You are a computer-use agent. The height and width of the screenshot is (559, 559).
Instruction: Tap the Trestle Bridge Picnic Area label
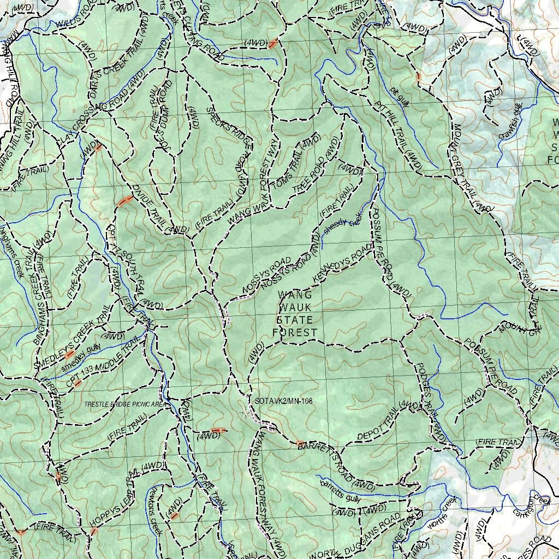(x=124, y=405)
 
